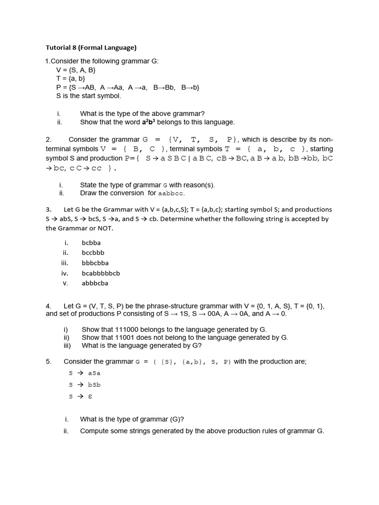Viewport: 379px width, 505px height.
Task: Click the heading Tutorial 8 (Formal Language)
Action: [x=91, y=48]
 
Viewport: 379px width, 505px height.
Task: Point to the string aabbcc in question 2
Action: [x=171, y=193]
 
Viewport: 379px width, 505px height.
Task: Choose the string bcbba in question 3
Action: [x=91, y=243]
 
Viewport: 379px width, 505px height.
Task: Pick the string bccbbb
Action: [x=93, y=252]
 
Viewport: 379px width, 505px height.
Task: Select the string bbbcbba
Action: [x=95, y=263]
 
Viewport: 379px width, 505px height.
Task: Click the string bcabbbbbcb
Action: [x=101, y=273]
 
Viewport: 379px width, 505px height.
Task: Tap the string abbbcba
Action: [x=95, y=283]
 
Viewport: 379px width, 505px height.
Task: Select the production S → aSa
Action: [x=85, y=373]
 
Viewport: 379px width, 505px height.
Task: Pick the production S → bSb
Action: [x=85, y=385]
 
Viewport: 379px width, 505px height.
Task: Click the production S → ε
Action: [x=81, y=396]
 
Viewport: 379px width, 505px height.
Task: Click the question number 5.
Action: [x=48, y=361]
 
